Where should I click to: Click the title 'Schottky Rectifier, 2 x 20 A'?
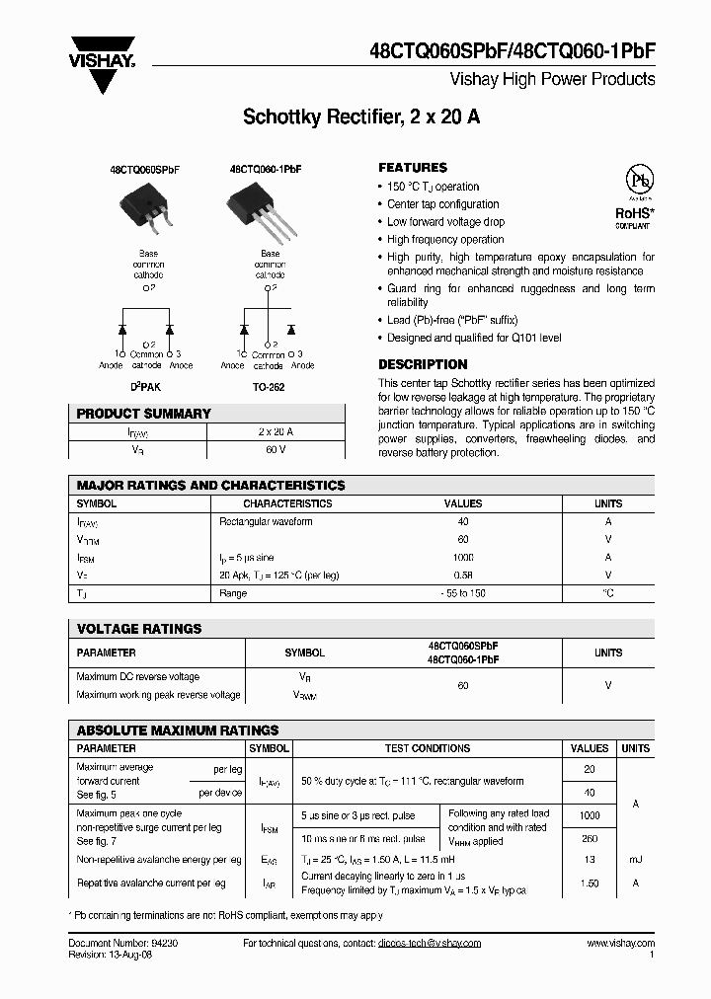[x=361, y=117]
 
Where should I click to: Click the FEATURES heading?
[x=413, y=168]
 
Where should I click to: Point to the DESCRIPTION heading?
[x=423, y=364]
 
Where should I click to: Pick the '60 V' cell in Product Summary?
[x=276, y=450]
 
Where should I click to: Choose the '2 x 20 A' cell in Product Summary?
[x=276, y=432]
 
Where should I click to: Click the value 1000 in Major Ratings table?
[x=463, y=558]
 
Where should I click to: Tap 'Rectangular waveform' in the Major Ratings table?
[x=266, y=521]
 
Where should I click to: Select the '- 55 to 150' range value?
[x=463, y=593]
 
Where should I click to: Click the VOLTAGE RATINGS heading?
[x=139, y=628]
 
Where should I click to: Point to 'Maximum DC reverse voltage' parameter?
[x=138, y=677]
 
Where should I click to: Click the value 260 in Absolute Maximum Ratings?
[x=590, y=839]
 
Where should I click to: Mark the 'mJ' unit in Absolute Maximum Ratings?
[x=635, y=861]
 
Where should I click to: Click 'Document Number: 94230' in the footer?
[x=123, y=944]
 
